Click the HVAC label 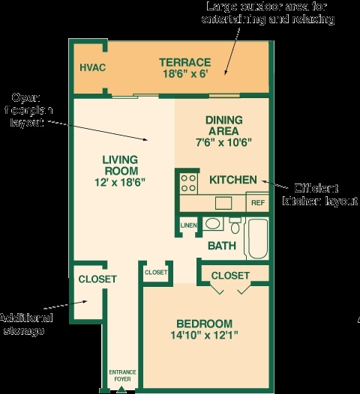tap(92, 67)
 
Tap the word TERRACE tap(184, 62)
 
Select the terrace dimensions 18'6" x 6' tap(184, 74)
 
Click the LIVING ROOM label tap(120, 165)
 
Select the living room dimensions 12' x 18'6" tap(120, 182)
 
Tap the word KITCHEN tap(232, 181)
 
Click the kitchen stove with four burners tap(188, 183)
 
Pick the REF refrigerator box tap(257, 202)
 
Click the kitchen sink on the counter tap(223, 202)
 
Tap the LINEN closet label tap(187, 225)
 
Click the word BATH tap(222, 245)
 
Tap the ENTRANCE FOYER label tap(121, 375)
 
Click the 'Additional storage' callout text tap(25, 324)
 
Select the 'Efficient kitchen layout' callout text tap(319, 195)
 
